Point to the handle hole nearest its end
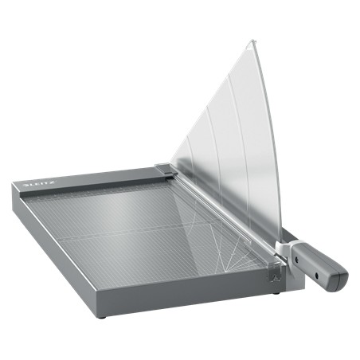(x=329, y=272)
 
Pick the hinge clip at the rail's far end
(x=164, y=169)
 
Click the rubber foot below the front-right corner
(x=276, y=292)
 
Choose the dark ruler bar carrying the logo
(x=88, y=179)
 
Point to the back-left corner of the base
(x=15, y=182)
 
